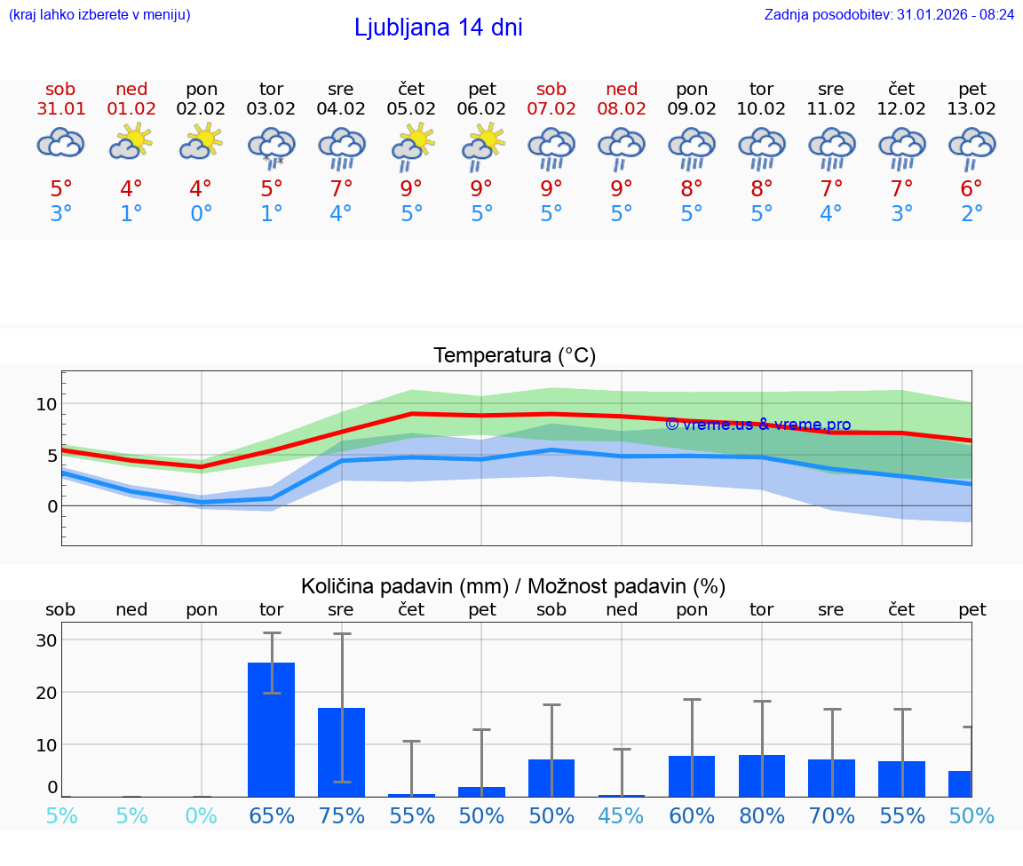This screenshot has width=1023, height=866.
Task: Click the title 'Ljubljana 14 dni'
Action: click(x=438, y=28)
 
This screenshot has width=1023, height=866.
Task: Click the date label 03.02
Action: click(x=271, y=109)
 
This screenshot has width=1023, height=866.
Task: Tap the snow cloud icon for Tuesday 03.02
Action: click(x=271, y=146)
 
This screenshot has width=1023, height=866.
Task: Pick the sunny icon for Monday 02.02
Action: click(x=201, y=142)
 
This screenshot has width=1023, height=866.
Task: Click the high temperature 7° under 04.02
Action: click(x=341, y=189)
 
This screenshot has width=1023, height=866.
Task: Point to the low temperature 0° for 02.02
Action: click(x=201, y=214)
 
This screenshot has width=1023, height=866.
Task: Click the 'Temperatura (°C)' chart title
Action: click(x=514, y=355)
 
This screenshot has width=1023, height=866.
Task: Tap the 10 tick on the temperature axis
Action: click(x=46, y=404)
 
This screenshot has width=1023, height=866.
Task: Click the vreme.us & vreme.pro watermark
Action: click(x=757, y=425)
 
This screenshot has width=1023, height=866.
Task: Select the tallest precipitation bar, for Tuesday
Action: click(x=271, y=728)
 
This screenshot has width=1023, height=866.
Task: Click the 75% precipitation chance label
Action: click(x=341, y=815)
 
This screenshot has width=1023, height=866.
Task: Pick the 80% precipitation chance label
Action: click(x=762, y=815)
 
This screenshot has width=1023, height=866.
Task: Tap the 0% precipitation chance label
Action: click(x=201, y=815)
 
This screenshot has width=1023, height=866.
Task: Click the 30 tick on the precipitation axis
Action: click(x=46, y=640)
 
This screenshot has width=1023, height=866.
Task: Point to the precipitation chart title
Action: click(x=513, y=586)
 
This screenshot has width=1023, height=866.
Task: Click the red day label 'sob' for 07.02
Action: click(x=551, y=90)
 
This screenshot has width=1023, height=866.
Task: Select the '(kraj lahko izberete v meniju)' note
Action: click(x=99, y=14)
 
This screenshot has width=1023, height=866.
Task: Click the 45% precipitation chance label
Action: click(x=622, y=815)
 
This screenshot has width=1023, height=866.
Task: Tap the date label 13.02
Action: click(x=972, y=109)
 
